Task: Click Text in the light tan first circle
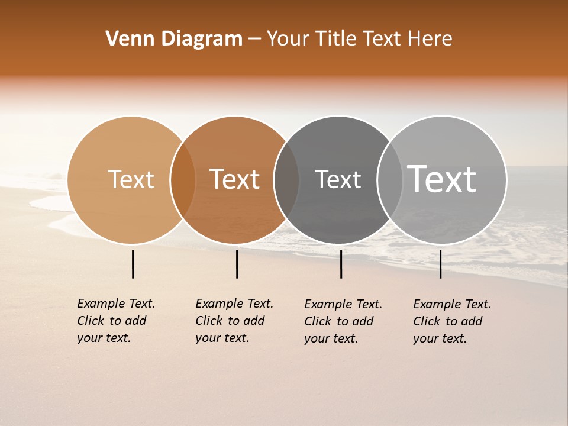(131, 179)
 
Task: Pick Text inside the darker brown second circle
(234, 179)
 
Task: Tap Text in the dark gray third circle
(338, 179)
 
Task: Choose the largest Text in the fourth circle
(442, 179)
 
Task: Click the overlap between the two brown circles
(183, 180)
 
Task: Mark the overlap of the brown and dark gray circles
(286, 180)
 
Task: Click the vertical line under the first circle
(133, 264)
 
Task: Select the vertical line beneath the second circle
(237, 264)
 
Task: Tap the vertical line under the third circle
(341, 264)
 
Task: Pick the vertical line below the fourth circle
(440, 264)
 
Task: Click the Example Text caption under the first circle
(115, 321)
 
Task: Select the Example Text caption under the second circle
(234, 321)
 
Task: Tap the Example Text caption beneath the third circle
(343, 321)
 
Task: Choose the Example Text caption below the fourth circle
(451, 321)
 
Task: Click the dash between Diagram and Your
(254, 39)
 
